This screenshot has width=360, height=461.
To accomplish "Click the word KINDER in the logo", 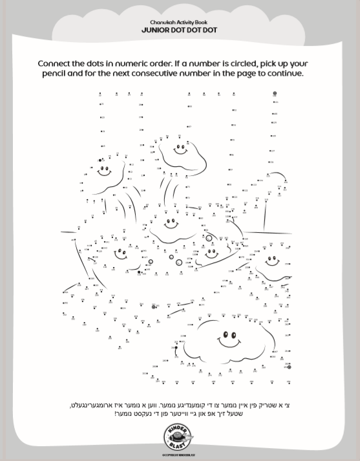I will coord(179,431).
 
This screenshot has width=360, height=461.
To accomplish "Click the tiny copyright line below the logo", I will coord(179,455).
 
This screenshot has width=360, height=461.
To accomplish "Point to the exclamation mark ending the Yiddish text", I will coord(116,414).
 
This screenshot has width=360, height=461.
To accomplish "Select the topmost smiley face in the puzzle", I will coord(180,151).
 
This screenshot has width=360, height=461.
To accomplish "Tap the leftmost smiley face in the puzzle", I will coord(104,172).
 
